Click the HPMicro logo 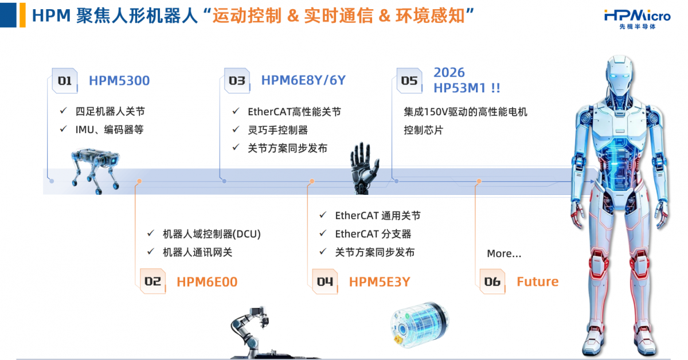click(638, 19)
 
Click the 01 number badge click(64, 80)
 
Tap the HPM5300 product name click(119, 81)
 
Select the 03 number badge click(237, 80)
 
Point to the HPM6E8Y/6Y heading click(303, 80)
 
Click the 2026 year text click(449, 72)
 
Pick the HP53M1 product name click(467, 88)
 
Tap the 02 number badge click(153, 281)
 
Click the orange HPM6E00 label click(207, 281)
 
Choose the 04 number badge click(325, 281)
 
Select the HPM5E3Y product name click(380, 281)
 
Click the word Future click(538, 281)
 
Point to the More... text click(504, 253)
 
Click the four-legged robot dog click(95, 171)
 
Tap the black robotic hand click(364, 168)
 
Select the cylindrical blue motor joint click(420, 324)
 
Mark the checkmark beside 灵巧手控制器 click(236, 130)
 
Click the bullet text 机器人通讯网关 click(197, 252)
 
